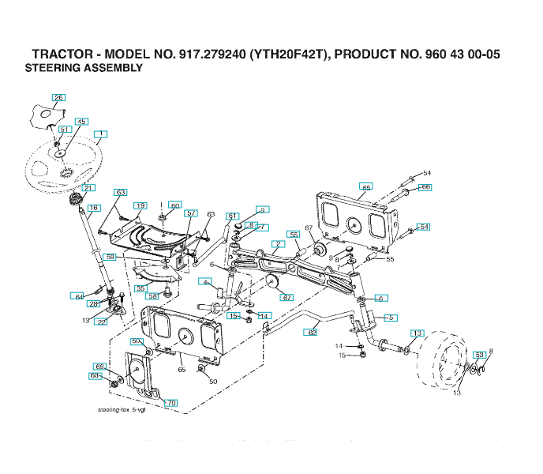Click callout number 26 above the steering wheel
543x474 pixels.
[59, 97]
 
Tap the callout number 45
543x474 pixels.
[81, 122]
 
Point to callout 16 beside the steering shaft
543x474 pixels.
[93, 208]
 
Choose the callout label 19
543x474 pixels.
[140, 205]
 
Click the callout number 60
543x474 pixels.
[175, 205]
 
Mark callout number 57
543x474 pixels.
[191, 213]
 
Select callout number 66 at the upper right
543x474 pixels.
[425, 187]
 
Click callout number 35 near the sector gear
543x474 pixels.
[140, 289]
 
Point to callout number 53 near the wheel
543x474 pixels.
[479, 355]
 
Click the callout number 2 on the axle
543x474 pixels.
[279, 244]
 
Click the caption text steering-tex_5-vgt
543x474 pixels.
[122, 411]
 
